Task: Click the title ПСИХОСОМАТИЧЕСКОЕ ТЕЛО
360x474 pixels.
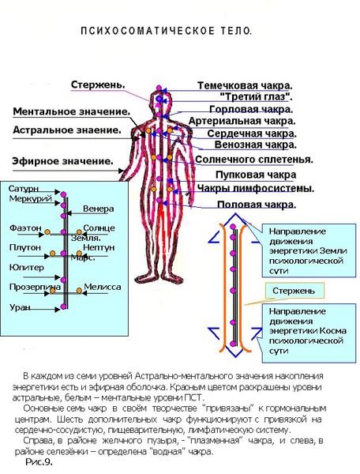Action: click(166, 31)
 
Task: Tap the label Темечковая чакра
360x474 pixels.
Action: click(245, 85)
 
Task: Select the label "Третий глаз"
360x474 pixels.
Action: click(256, 96)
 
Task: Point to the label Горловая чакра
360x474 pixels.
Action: click(251, 109)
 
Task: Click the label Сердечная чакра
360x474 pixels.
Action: click(252, 134)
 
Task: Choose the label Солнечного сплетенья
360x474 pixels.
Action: click(254, 160)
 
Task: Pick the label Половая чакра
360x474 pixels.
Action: click(257, 205)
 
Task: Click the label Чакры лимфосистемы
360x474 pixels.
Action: click(256, 188)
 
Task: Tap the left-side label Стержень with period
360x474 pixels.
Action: click(98, 85)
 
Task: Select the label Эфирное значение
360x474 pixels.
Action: click(63, 161)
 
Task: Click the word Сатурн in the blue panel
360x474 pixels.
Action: click(24, 189)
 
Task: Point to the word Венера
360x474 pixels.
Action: click(99, 209)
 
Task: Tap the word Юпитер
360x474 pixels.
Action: click(27, 268)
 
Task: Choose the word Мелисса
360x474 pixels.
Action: click(103, 287)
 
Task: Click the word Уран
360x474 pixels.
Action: click(20, 307)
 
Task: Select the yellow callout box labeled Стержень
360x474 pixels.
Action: click(294, 291)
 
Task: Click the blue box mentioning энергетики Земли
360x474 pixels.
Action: click(309, 250)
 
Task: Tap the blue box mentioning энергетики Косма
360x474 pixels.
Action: click(309, 333)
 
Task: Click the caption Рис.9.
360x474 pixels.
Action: click(39, 462)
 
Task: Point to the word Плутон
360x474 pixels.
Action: click(24, 247)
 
